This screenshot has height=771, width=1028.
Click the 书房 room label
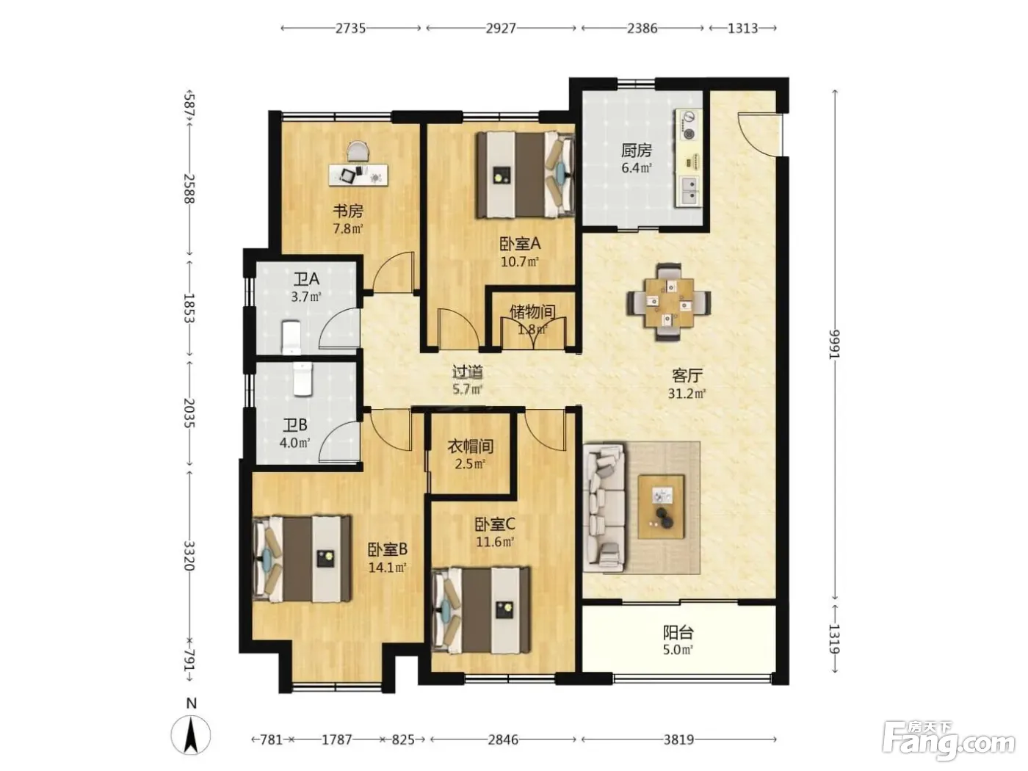pos(347,211)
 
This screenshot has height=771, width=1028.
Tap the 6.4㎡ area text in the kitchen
pos(637,167)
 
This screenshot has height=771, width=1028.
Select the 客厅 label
pos(687,375)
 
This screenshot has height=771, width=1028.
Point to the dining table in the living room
pos(669,302)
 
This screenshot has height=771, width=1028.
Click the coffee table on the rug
pos(661,506)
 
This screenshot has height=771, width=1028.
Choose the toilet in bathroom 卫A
pos(292,336)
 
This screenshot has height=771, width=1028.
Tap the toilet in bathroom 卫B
pos(303,379)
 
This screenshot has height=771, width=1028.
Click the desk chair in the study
pos(358,153)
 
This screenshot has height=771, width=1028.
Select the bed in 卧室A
pos(526,175)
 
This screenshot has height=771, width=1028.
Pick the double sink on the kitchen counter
pos(689,190)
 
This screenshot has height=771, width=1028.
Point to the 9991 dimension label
pos(834,344)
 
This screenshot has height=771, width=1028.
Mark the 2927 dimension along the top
pos(501,28)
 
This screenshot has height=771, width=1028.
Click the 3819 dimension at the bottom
pos(678,739)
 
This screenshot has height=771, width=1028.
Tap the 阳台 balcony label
pos(678,633)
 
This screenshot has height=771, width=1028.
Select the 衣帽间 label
pos(470,446)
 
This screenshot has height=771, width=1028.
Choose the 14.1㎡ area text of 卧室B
pos(387,568)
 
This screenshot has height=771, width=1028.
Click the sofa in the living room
pos(604,508)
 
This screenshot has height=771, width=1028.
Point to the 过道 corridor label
pos(467,372)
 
